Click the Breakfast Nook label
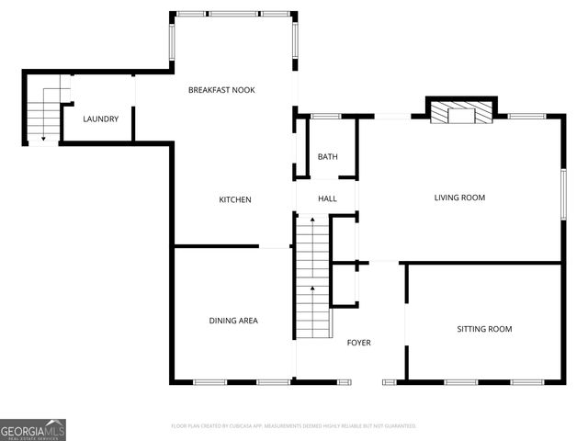(221, 90)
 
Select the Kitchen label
(234, 199)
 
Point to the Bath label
(328, 157)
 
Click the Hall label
(328, 198)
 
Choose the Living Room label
(459, 198)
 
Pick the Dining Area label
(233, 321)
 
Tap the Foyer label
(358, 343)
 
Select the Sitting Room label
(484, 329)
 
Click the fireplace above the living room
(461, 114)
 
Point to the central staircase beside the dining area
(312, 276)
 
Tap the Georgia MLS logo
(33, 429)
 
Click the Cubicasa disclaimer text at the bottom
(294, 426)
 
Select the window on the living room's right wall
(563, 193)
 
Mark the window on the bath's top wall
(325, 116)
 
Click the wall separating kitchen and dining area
(217, 246)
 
